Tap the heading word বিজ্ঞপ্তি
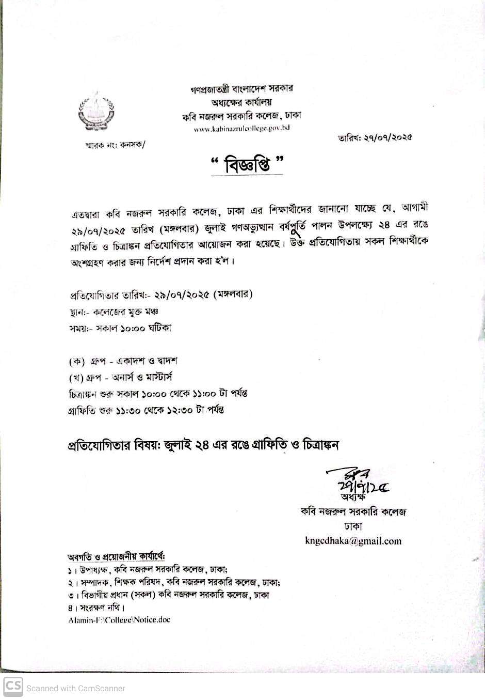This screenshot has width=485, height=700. pos(247,165)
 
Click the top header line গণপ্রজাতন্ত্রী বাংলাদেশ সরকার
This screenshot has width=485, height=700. pos(241,88)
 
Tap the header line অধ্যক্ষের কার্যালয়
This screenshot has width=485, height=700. pos(241,102)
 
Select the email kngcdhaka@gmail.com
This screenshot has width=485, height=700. pos(353,541)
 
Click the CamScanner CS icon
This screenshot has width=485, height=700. pos(13,687)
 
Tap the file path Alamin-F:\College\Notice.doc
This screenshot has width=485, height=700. pos(119,619)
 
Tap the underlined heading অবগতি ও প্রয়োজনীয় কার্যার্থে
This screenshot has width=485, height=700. pos(116,557)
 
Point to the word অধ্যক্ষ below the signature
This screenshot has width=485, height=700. pos(353,497)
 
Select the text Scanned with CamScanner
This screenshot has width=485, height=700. pos(76,688)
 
